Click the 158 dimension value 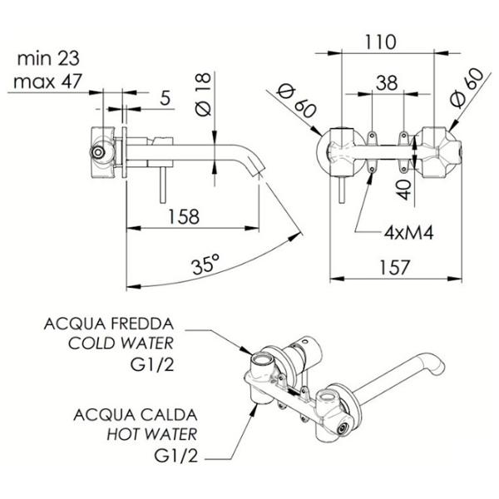coord(184,216)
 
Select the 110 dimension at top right coord(380,42)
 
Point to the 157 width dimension coord(394,267)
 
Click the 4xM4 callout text coord(408,233)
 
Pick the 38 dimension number coord(387,82)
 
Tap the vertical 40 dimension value coord(404,190)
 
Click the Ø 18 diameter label coord(203,94)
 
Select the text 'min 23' coord(48,58)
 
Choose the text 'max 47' coord(47,82)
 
